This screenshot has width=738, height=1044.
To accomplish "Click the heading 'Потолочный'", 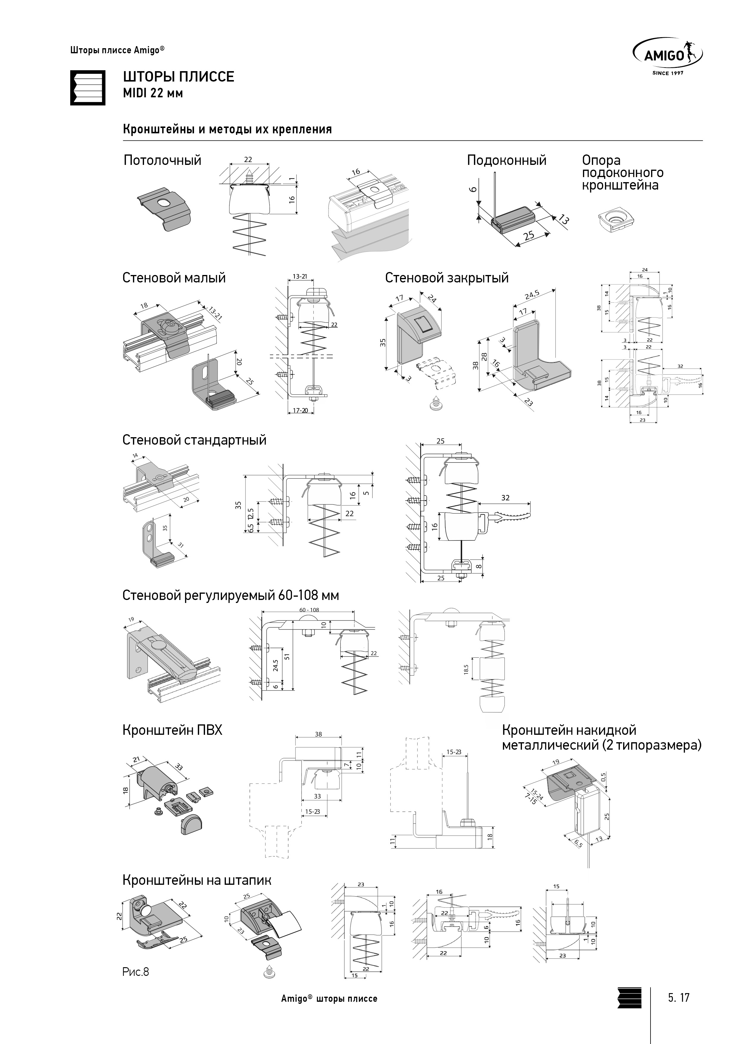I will pos(162,160).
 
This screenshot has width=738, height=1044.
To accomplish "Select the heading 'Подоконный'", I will pos(506,160).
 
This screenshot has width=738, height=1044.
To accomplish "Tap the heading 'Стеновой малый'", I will pos(174,278).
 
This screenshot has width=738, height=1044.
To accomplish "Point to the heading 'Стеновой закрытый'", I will pos(447,278).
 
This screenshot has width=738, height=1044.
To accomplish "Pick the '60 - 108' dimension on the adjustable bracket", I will pos(309,610).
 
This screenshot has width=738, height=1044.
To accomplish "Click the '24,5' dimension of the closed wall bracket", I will pos(531,295).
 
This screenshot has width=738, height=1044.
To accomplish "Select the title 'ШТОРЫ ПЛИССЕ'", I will pos(179,76).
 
